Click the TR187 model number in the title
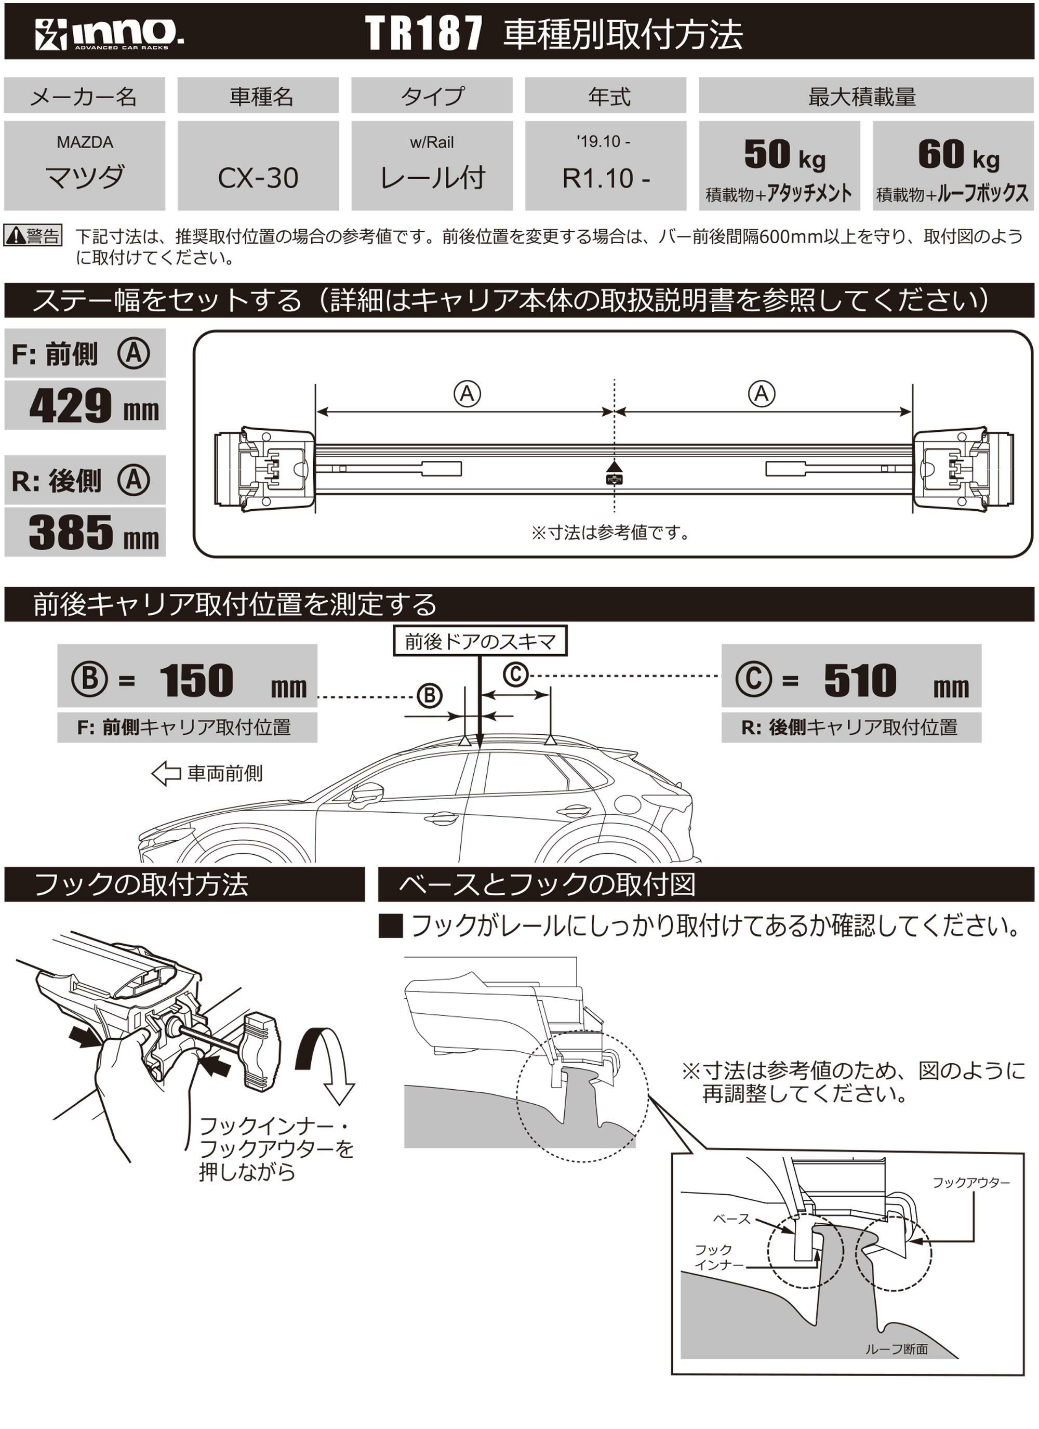(x=423, y=33)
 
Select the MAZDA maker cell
(x=85, y=166)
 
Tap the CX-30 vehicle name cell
(x=258, y=178)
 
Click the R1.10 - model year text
(x=605, y=178)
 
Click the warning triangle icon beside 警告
(x=15, y=236)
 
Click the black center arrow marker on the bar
(x=614, y=468)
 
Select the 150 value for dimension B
(x=196, y=681)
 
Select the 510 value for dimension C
(x=859, y=681)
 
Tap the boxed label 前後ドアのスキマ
(x=479, y=641)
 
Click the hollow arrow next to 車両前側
(x=166, y=773)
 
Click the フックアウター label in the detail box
(x=970, y=1183)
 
